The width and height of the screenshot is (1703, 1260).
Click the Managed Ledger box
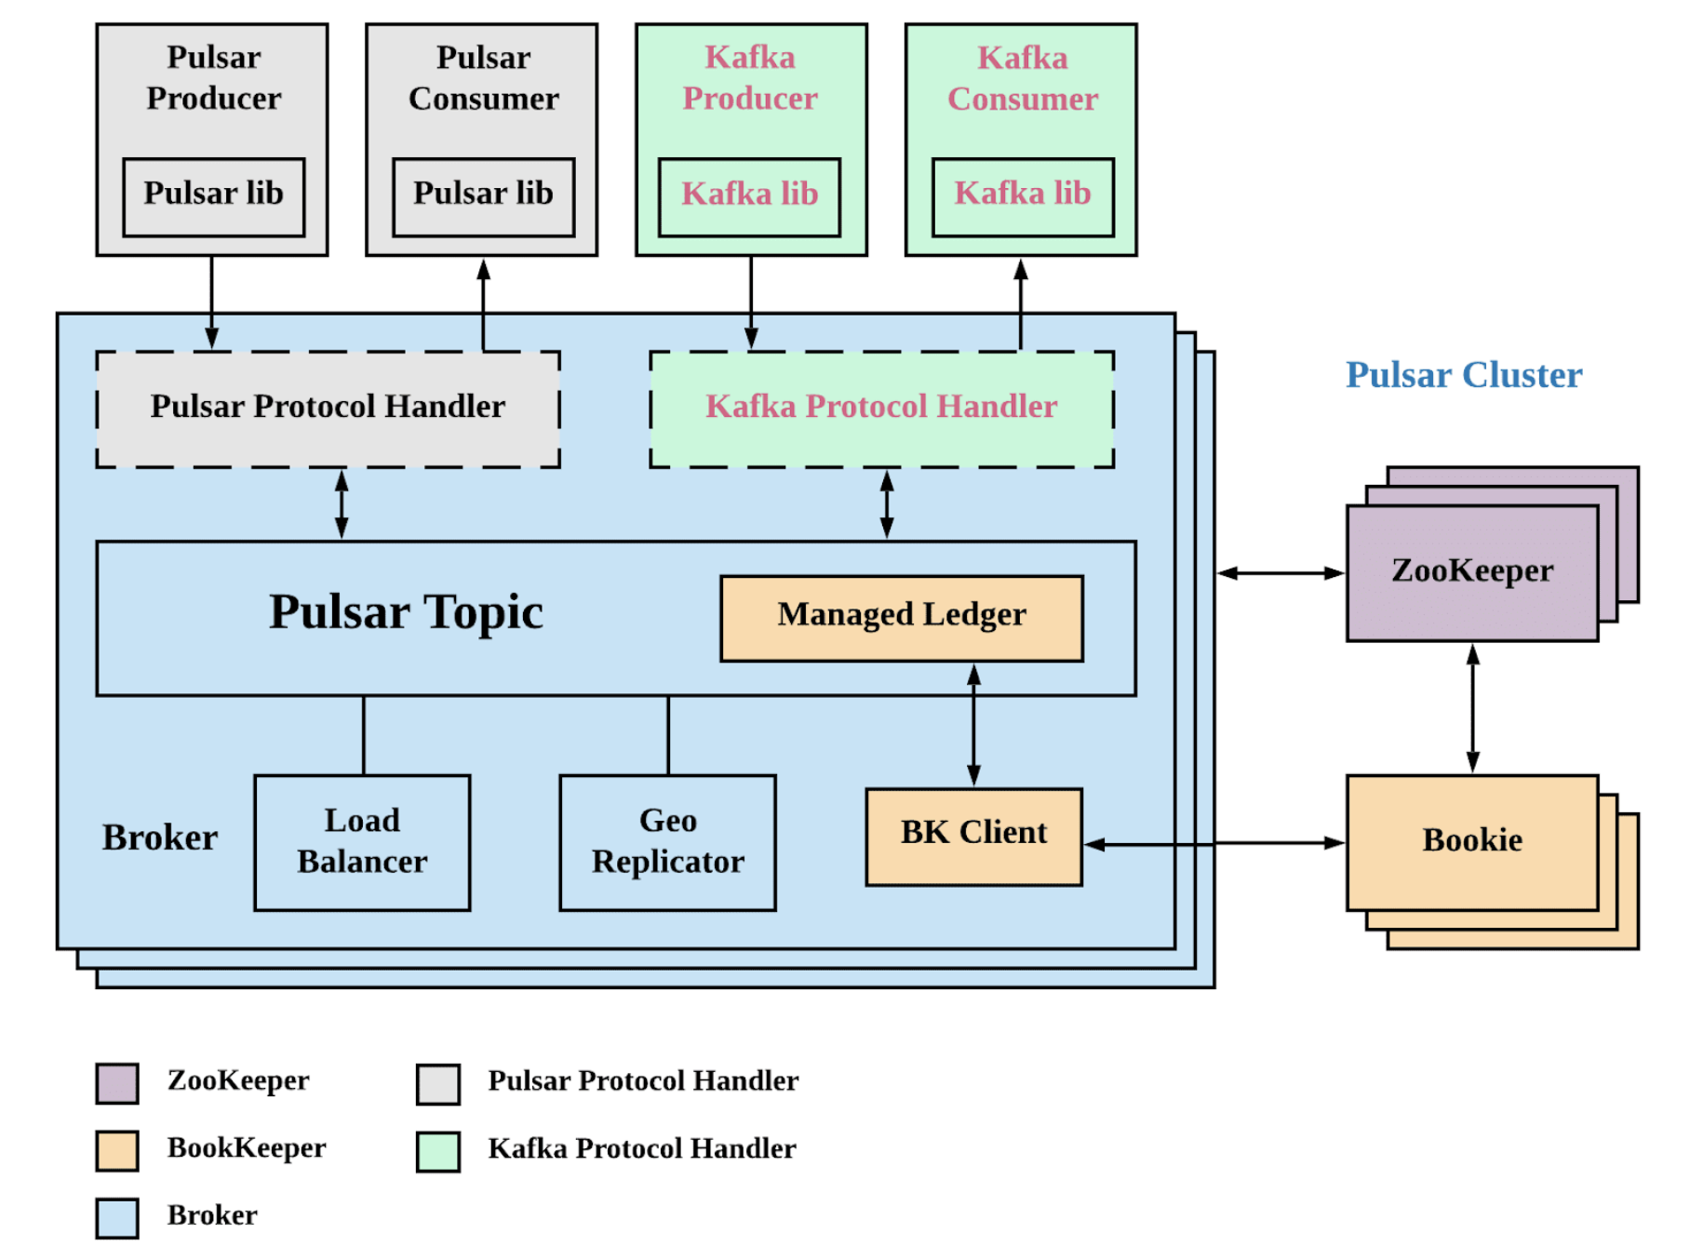point(902,618)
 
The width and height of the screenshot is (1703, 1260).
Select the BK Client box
point(973,837)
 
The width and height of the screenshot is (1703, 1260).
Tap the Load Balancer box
point(362,842)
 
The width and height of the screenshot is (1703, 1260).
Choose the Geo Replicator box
point(667,842)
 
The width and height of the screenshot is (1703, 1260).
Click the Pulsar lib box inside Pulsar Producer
point(213,196)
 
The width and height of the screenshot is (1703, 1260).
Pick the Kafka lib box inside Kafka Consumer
point(1023,196)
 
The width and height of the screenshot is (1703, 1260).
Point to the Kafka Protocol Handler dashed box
point(881,409)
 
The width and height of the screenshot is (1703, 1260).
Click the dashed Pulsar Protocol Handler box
point(328,409)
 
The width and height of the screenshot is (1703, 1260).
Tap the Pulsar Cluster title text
point(1464,375)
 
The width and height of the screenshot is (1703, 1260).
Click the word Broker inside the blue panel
point(160,838)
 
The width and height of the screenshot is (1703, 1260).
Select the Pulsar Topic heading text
point(406,612)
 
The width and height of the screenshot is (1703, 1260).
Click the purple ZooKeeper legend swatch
point(117,1083)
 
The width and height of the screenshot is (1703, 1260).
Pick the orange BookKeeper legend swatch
point(117,1150)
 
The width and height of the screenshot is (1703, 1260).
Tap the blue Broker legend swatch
point(117,1217)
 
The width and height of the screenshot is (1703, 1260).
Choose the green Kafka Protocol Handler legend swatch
point(438,1151)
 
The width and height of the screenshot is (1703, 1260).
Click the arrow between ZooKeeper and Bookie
point(1472,708)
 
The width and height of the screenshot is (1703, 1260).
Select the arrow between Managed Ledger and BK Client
point(973,725)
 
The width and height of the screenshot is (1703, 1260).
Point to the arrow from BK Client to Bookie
point(1214,843)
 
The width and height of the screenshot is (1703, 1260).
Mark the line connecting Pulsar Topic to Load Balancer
point(364,735)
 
